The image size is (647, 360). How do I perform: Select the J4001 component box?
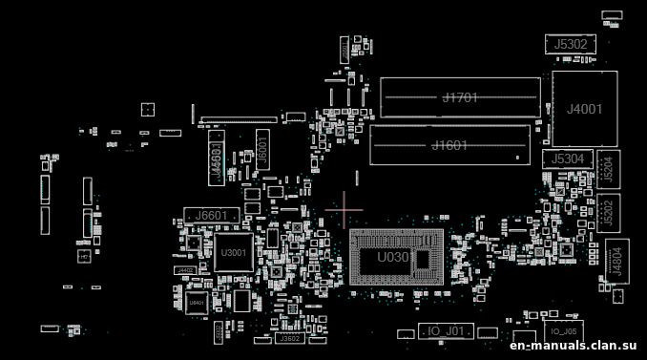[x=584, y=109]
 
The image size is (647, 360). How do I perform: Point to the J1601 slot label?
[x=449, y=145]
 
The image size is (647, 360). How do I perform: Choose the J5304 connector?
[x=570, y=159]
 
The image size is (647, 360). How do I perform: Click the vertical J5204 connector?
[x=608, y=169]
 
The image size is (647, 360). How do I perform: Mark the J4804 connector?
[x=615, y=260]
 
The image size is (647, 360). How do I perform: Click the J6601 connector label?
[x=207, y=216]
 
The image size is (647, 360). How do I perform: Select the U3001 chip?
[x=232, y=253]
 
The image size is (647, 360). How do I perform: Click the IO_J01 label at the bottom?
[x=446, y=330]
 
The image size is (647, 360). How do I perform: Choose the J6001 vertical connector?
[x=261, y=149]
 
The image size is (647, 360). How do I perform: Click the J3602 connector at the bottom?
[x=288, y=338]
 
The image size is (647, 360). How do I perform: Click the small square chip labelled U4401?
[x=197, y=303]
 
